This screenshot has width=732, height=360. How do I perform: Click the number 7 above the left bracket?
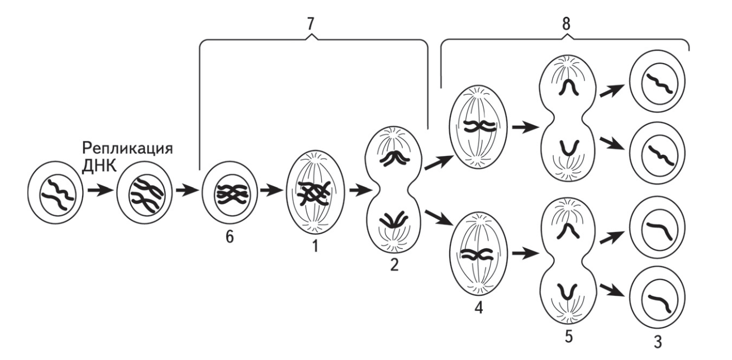click(x=310, y=24)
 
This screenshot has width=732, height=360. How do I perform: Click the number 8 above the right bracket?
click(x=566, y=24)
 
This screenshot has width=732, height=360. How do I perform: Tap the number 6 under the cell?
click(x=230, y=237)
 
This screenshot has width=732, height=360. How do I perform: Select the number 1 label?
click(x=315, y=246)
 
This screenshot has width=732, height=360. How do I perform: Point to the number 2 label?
click(x=394, y=265)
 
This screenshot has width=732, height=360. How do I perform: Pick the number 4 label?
click(x=478, y=308)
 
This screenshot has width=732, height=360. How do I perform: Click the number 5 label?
click(x=569, y=337)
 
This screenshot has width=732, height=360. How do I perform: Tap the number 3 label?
click(x=658, y=342)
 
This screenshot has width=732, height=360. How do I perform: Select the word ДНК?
click(x=99, y=166)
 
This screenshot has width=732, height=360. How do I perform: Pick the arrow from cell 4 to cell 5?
click(x=525, y=253)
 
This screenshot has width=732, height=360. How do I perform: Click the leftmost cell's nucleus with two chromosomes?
click(x=58, y=195)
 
